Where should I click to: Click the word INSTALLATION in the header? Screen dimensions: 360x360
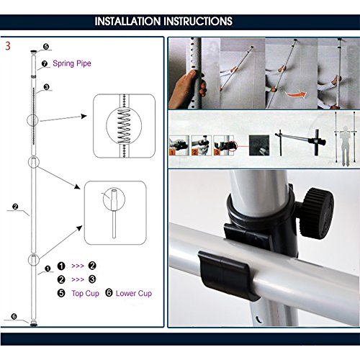pyautogui.click(x=128, y=22)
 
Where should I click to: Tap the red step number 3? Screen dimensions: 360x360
pyautogui.click(x=8, y=46)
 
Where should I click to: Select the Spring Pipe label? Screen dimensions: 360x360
pyautogui.click(x=72, y=63)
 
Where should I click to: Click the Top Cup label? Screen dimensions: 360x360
pyautogui.click(x=85, y=293)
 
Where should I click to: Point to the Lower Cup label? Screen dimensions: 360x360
pyautogui.click(x=134, y=293)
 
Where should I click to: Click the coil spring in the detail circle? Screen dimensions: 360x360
pyautogui.click(x=124, y=126)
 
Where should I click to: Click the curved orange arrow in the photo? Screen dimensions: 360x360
pyautogui.click(x=296, y=94)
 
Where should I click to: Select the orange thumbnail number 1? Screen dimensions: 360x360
pyautogui.click(x=172, y=153)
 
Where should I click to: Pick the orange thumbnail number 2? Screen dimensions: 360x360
pyautogui.click(x=194, y=152)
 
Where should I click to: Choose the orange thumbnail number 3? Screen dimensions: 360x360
pyautogui.click(x=217, y=152)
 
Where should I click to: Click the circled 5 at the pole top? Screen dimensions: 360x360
pyautogui.click(x=46, y=46)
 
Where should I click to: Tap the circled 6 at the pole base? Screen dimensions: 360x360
pyautogui.click(x=14, y=317)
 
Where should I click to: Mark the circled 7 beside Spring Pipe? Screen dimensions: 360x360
pyautogui.click(x=45, y=63)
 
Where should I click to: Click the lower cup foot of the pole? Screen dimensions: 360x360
pyautogui.click(x=34, y=324)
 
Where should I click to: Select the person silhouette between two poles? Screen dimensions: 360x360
pyautogui.click(x=345, y=145)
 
